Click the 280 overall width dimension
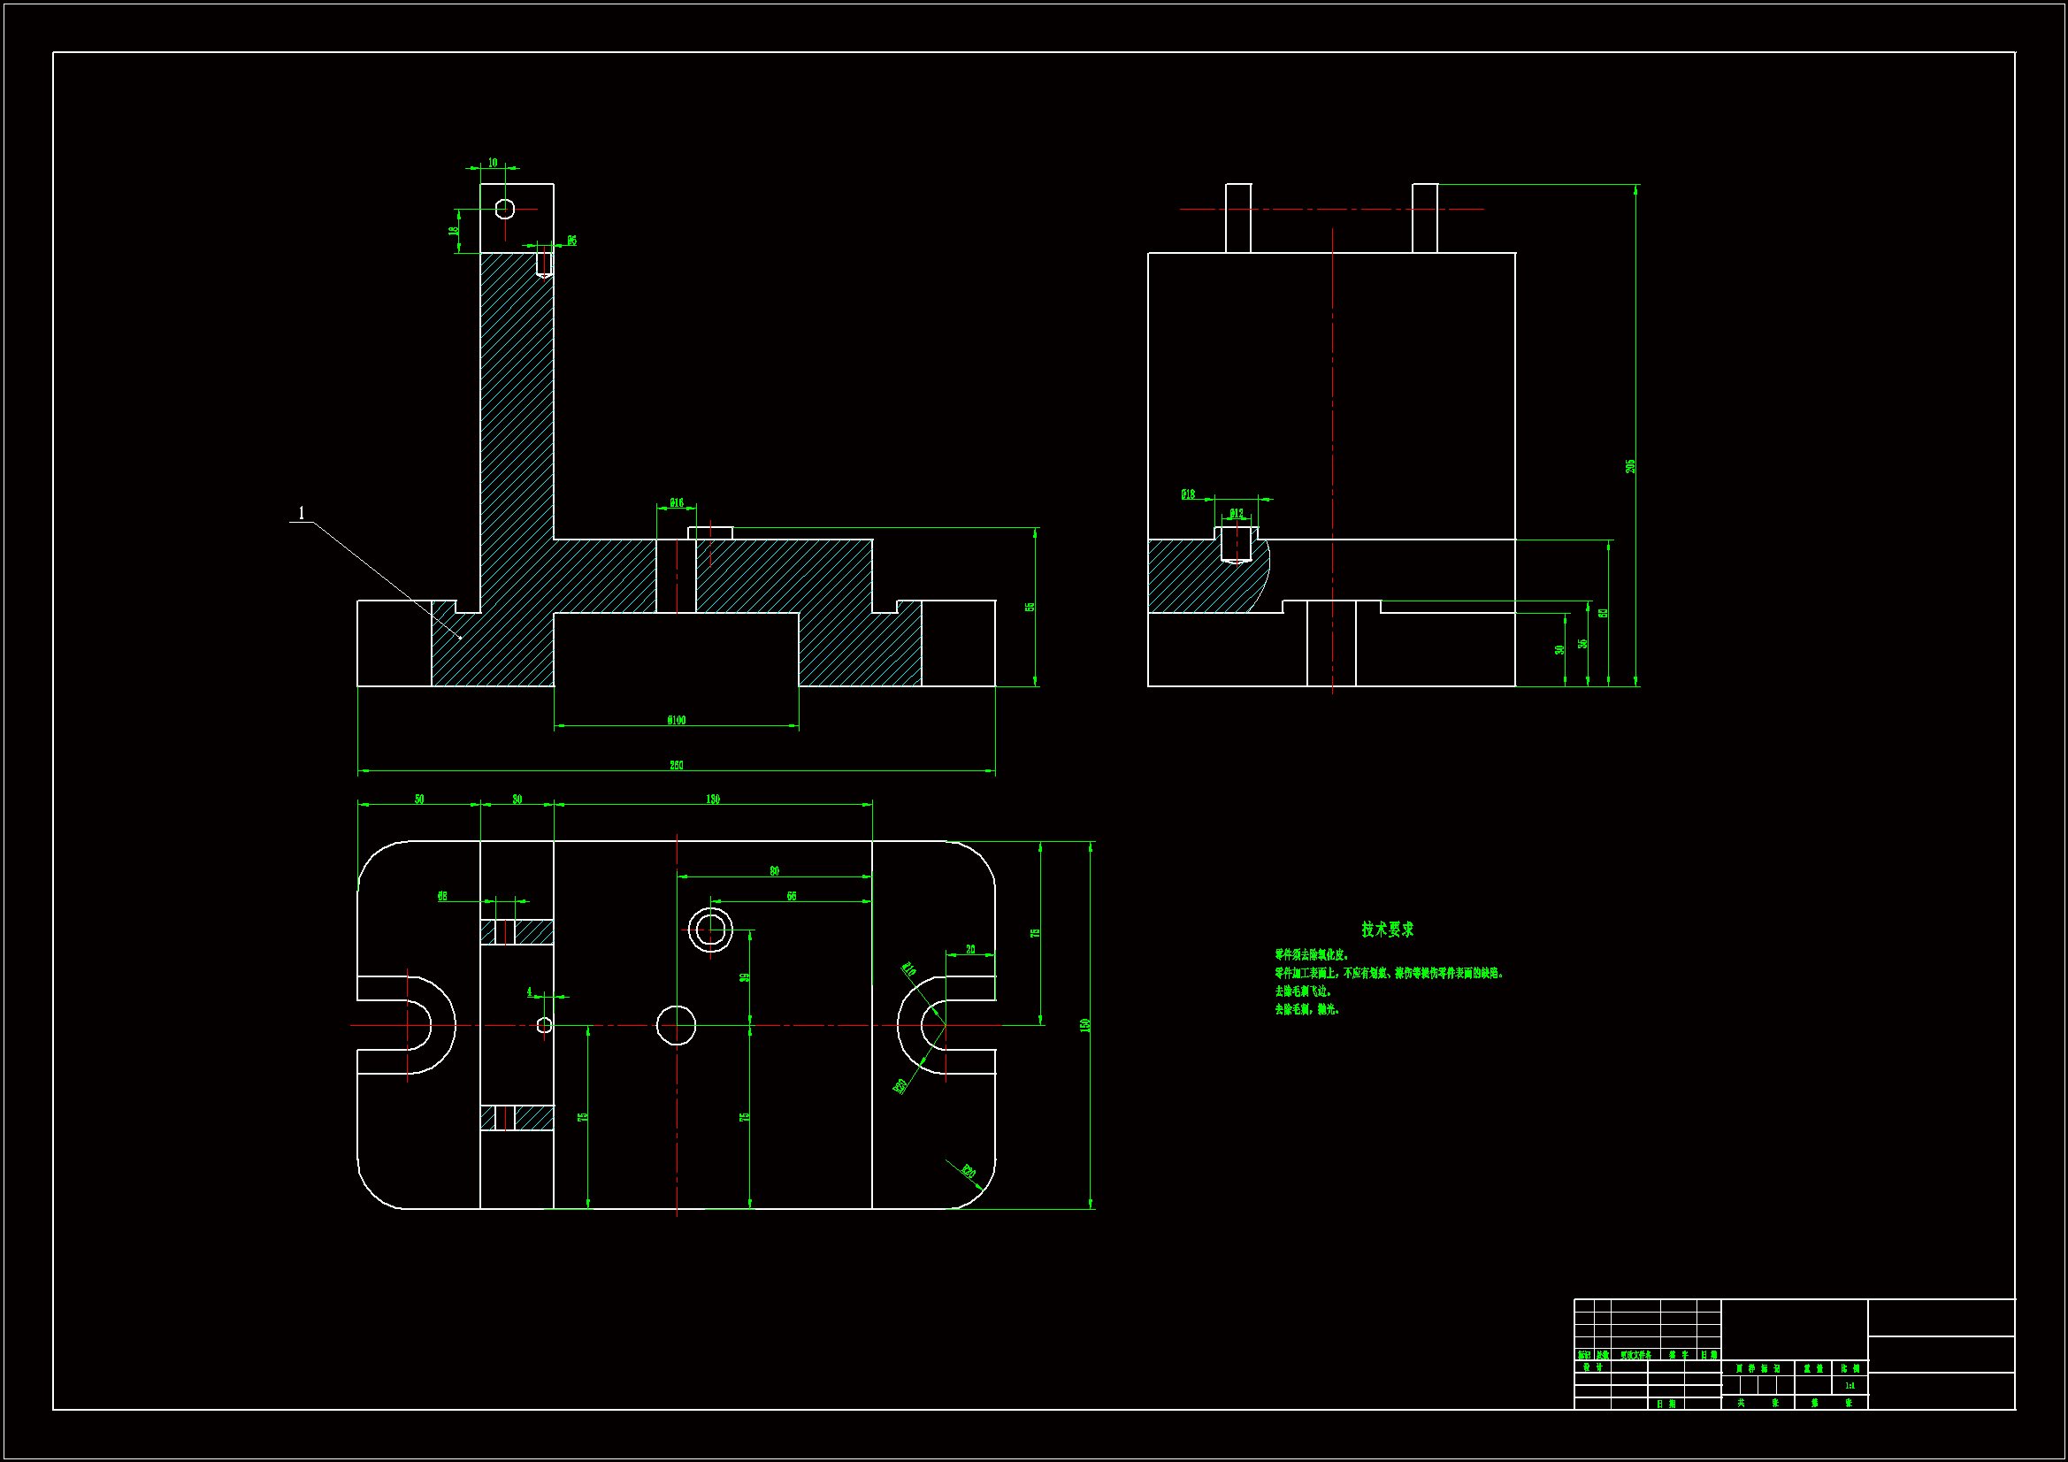[x=676, y=766]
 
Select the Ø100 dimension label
[x=676, y=720]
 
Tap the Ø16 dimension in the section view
[x=676, y=502]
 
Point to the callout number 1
[x=301, y=514]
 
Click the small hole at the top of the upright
[x=505, y=209]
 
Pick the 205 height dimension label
[x=1629, y=467]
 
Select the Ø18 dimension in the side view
[x=1188, y=494]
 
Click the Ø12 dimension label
[x=1236, y=514]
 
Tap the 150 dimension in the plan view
[x=1084, y=1025]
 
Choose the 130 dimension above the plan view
[x=712, y=799]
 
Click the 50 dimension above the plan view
[x=419, y=799]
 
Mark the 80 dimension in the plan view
[x=774, y=871]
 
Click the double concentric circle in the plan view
[x=709, y=930]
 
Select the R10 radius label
[x=908, y=969]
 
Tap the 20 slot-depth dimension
[x=970, y=949]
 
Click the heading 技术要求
[x=1387, y=930]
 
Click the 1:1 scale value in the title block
[x=1850, y=1385]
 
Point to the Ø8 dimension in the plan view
[x=442, y=896]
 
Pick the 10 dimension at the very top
[x=493, y=163]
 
